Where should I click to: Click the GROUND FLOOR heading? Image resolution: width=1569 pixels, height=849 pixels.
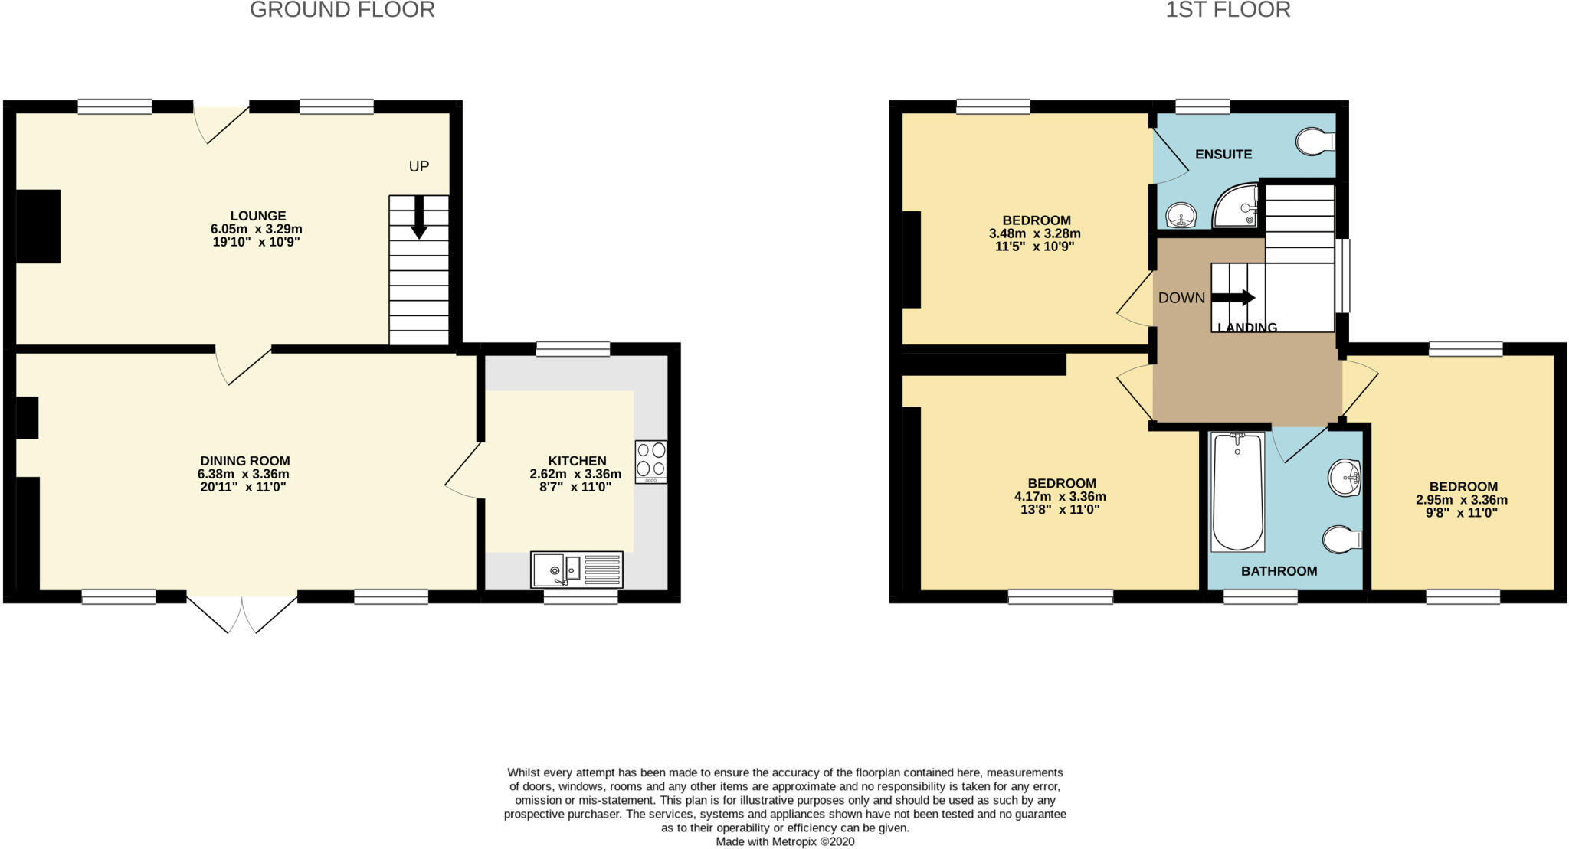pos(342,10)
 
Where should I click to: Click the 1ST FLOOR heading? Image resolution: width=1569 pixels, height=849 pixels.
pos(1227,10)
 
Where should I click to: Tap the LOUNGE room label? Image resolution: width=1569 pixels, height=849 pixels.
pos(258,216)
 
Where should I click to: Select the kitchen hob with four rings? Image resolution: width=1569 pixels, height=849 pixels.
pos(650,461)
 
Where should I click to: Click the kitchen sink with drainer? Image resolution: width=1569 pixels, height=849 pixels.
pos(576,570)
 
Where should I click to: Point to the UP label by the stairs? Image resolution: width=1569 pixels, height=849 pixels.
pos(418,166)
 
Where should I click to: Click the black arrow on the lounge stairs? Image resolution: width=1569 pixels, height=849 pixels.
pos(419,217)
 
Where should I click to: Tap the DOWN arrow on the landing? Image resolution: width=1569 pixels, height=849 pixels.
pos(1233,298)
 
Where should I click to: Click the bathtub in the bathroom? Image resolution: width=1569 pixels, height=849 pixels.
pos(1237,491)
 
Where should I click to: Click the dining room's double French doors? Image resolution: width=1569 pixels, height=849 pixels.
pos(242,614)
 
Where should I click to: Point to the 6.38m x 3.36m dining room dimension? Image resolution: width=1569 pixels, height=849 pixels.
pos(244,474)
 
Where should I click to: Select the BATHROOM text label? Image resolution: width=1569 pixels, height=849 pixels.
pos(1279,571)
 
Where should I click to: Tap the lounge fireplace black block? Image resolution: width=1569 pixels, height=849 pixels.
pos(38,226)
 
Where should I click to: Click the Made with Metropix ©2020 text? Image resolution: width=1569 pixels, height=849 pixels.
pos(784,841)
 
